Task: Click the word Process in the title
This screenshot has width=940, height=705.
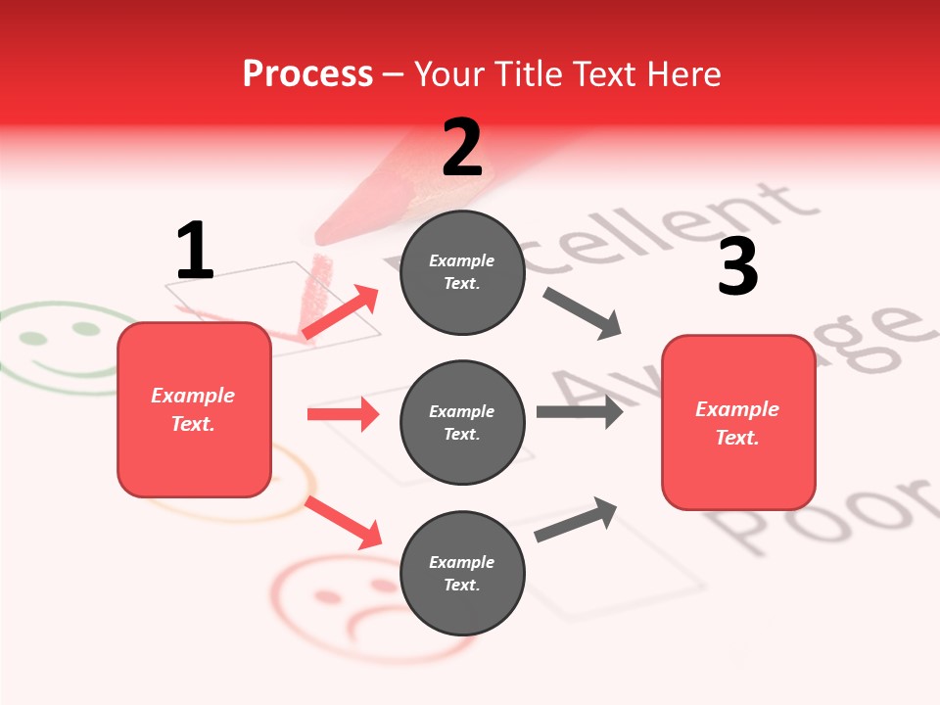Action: tap(307, 73)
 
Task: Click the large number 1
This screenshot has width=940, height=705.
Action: tap(195, 251)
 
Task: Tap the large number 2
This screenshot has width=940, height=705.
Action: tap(462, 147)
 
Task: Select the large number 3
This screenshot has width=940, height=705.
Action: tap(737, 267)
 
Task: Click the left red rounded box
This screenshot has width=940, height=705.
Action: tap(194, 409)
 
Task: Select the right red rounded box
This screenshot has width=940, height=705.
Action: tap(738, 422)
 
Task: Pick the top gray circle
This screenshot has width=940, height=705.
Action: tap(462, 272)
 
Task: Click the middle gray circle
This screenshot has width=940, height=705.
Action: tap(462, 422)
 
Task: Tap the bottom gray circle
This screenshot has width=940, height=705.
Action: tap(462, 573)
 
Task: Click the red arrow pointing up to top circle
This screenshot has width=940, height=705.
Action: tap(341, 312)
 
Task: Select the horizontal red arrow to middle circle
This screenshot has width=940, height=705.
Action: tap(343, 414)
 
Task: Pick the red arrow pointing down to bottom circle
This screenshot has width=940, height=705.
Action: tap(343, 522)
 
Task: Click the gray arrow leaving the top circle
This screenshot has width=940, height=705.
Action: tap(583, 313)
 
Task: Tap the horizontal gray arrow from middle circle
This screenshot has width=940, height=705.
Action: tap(579, 411)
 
